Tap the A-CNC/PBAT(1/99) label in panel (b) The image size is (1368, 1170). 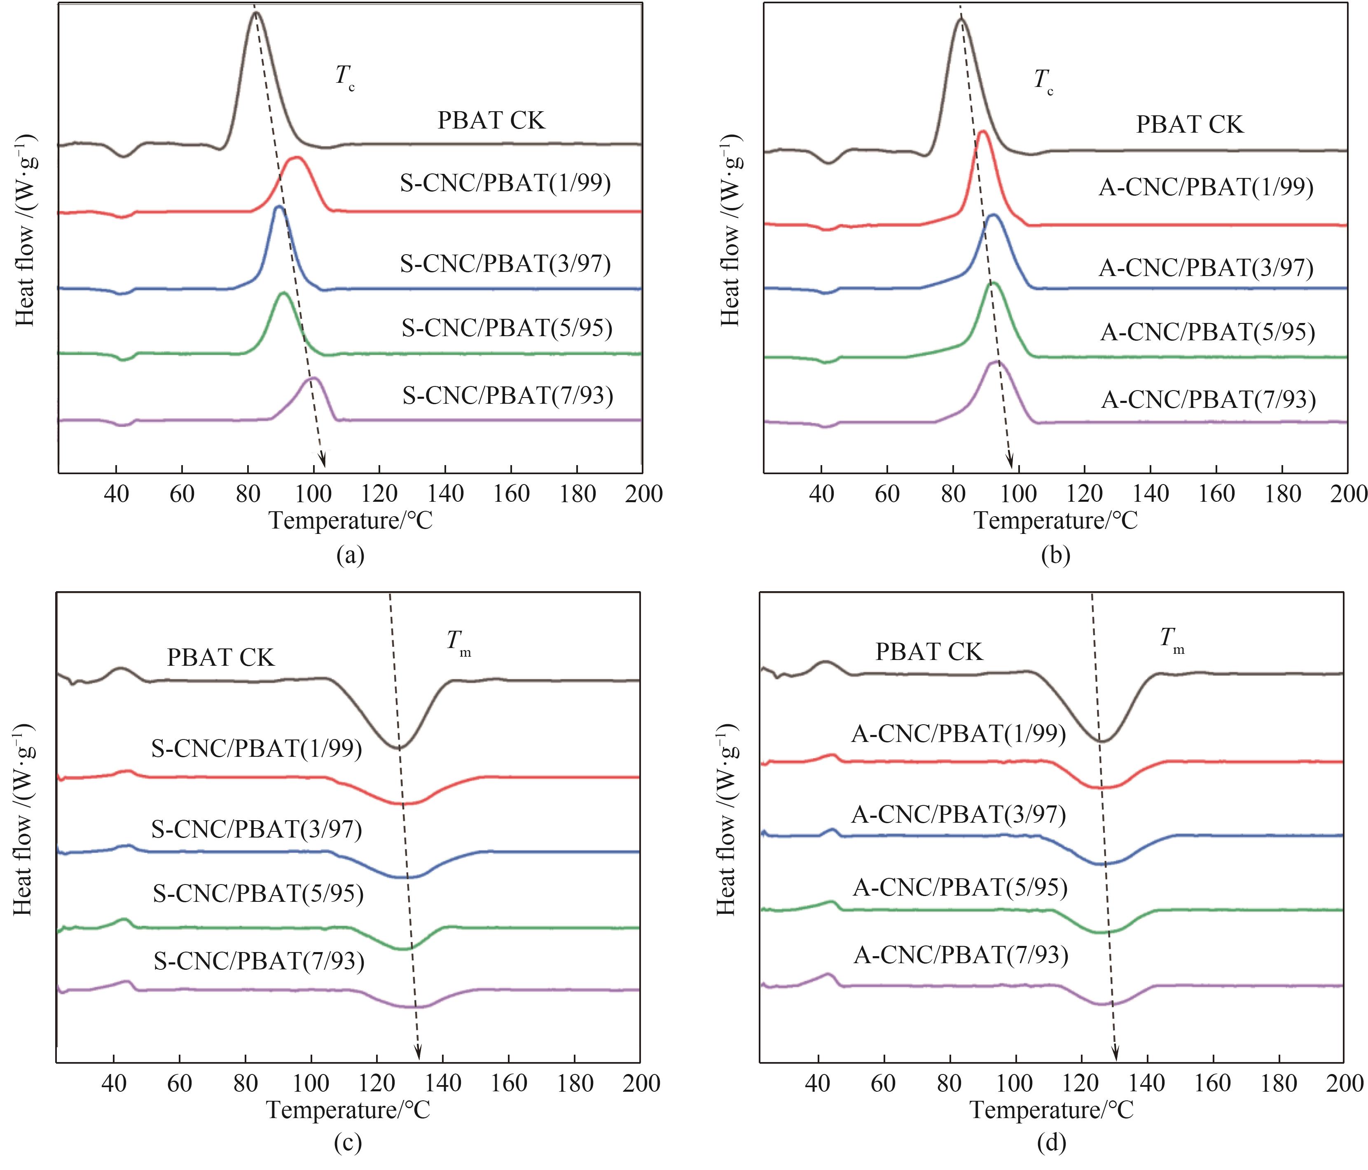1206,188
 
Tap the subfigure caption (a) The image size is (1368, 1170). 350,555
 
